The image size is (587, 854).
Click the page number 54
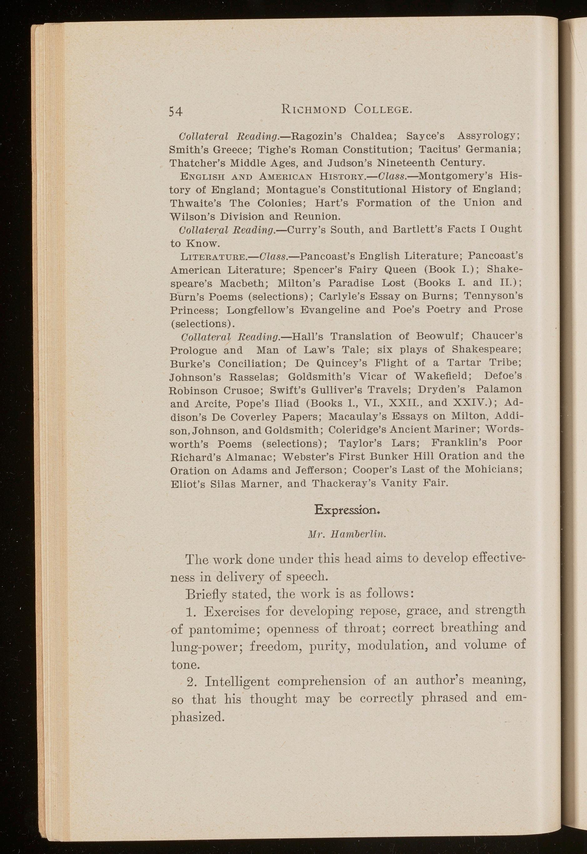click(176, 111)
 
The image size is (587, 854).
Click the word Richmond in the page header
click(313, 109)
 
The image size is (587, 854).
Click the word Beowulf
click(437, 337)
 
